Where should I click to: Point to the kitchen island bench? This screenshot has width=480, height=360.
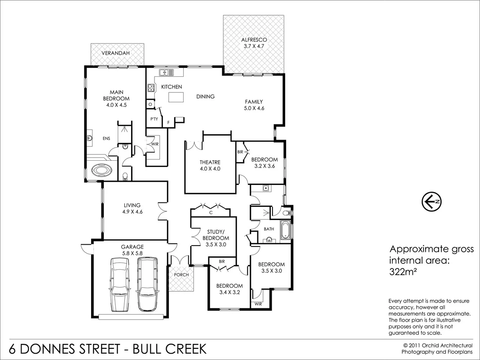tap(177, 97)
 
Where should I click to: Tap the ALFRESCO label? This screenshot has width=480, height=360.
tap(254, 40)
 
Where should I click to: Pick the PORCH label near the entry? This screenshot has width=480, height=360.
tap(181, 275)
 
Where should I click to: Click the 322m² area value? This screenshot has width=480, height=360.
tap(401, 271)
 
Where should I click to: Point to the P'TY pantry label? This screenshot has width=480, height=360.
tap(154, 119)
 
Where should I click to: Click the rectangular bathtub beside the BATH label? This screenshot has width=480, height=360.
tap(285, 230)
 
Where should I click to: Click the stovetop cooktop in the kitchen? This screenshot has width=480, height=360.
tap(150, 88)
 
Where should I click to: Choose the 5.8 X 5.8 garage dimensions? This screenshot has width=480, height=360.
tap(132, 253)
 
